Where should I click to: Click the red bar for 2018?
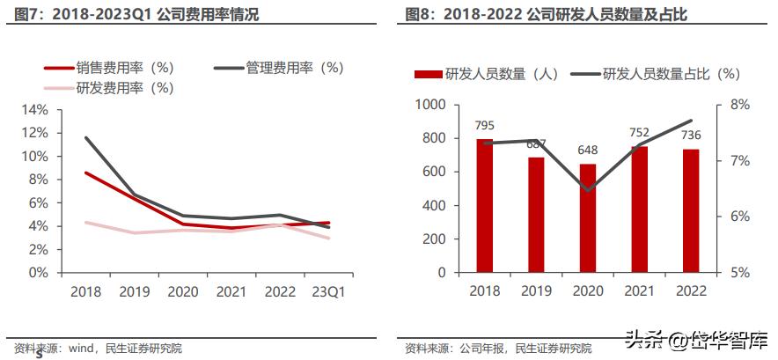click(484, 206)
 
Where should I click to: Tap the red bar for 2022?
click(691, 211)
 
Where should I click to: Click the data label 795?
click(484, 127)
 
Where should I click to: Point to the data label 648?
click(587, 151)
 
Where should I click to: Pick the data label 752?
click(639, 133)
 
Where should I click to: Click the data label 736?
click(691, 135)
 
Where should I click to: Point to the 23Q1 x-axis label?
click(327, 291)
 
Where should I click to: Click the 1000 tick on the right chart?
click(431, 105)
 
